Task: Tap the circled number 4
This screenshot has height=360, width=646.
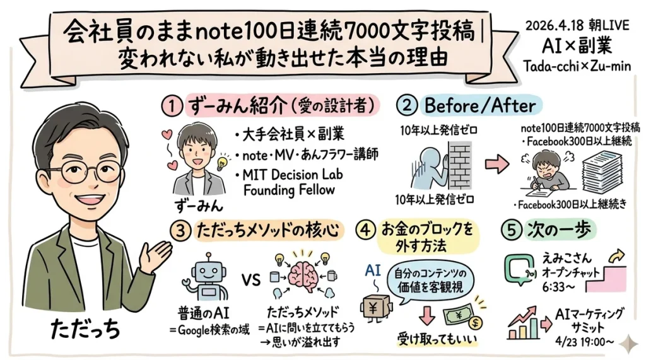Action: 367,230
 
